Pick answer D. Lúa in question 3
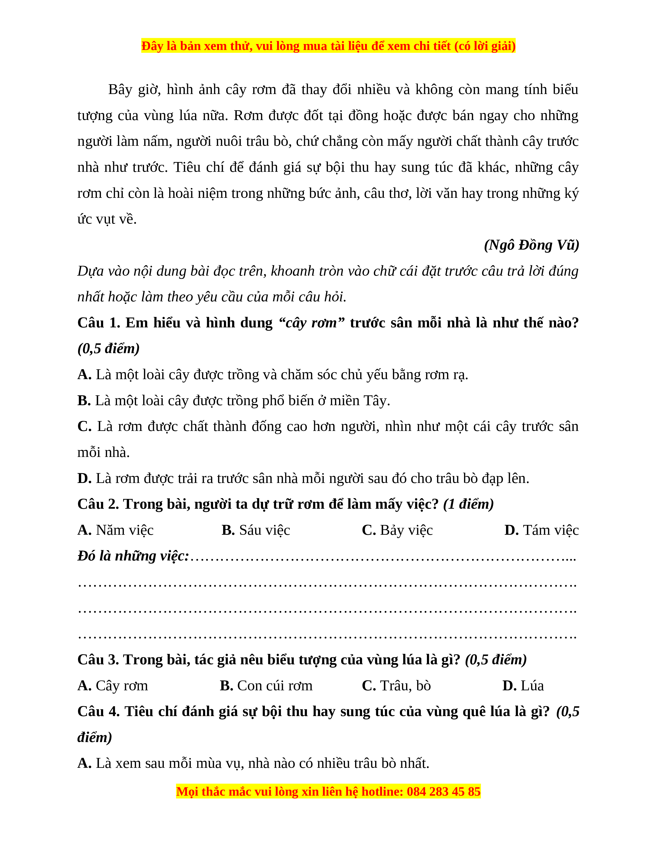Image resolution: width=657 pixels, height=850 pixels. [523, 686]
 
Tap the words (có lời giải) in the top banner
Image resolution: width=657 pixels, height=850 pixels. [485, 46]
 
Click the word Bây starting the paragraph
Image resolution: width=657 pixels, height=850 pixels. [121, 90]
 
